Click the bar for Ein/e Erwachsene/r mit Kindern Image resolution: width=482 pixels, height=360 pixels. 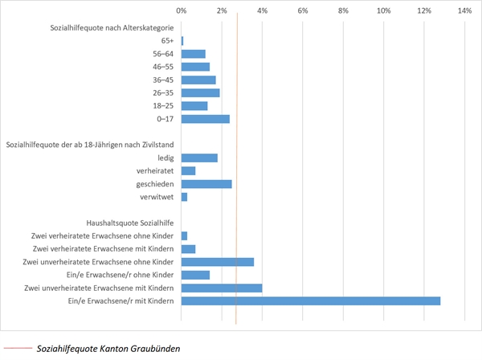311,301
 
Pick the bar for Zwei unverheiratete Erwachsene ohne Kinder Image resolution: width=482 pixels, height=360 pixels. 218,262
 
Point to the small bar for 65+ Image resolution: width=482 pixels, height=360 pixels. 182,41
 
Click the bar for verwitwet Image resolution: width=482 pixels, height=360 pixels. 184,197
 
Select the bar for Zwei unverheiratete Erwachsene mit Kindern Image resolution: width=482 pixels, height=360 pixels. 222,288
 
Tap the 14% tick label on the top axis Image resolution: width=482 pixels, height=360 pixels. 464,11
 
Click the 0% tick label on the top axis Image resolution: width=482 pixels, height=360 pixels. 182,11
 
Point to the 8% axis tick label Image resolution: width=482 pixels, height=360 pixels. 343,11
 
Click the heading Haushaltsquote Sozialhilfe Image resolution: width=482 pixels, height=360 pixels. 129,223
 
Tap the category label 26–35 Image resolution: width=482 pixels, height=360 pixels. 163,92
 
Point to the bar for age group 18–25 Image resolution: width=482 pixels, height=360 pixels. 194,105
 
